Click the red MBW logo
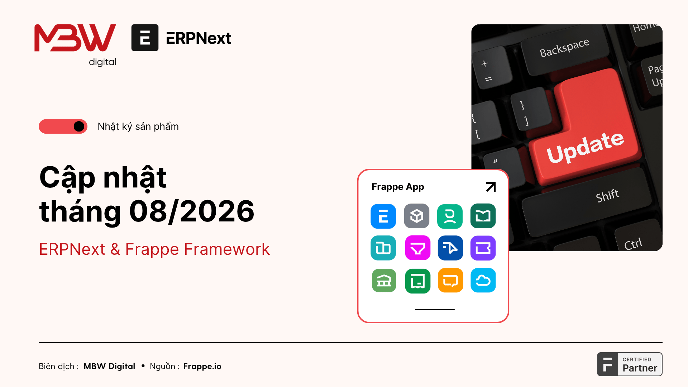coord(75,38)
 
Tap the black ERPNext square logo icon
coord(145,38)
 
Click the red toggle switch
coord(63,126)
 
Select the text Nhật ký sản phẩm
coord(138,126)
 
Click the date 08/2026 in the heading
coord(192,211)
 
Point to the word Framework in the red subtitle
coord(227,249)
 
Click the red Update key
coord(588,133)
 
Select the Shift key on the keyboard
coord(588,202)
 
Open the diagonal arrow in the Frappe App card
coord(491,187)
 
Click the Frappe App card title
coord(398,187)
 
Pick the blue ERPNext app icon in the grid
coord(383,216)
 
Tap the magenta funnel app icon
coord(417,248)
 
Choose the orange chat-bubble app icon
coord(450,280)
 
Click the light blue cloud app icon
coord(483,280)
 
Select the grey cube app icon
coord(417,216)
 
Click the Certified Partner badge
coord(630,364)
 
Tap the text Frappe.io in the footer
coord(202,366)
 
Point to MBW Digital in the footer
coord(109,366)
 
